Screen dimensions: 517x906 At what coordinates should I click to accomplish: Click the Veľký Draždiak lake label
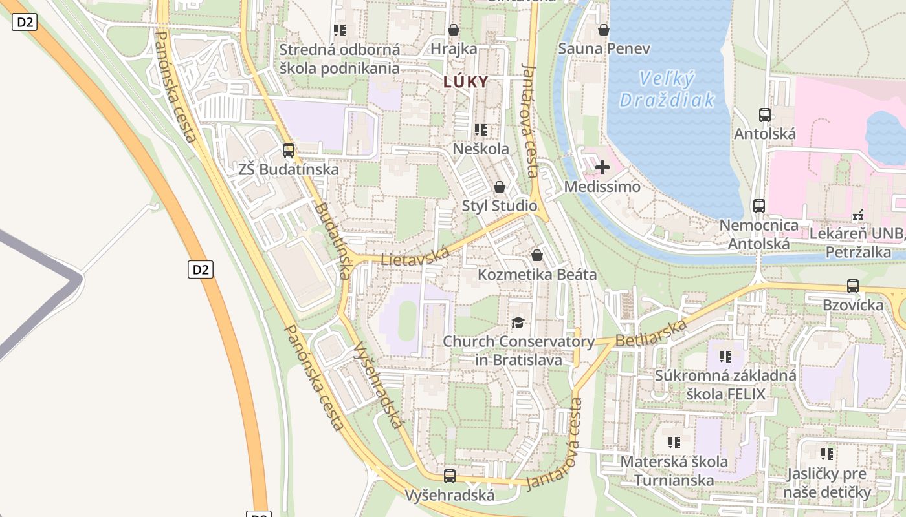[x=667, y=89]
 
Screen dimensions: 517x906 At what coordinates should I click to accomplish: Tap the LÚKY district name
[x=465, y=82]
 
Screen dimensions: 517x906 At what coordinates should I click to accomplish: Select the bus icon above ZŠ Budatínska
[x=289, y=151]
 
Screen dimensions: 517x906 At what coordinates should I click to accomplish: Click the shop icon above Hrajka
[x=454, y=30]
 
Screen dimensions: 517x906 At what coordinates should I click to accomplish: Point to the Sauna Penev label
[x=604, y=48]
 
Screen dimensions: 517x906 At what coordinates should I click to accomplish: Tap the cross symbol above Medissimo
[x=602, y=168]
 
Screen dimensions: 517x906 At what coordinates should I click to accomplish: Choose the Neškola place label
[x=480, y=149]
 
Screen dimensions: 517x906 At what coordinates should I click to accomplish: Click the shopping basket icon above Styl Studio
[x=499, y=187]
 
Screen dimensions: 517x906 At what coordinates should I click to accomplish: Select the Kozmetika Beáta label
[x=536, y=275]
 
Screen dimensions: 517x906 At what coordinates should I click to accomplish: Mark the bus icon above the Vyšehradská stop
[x=450, y=476]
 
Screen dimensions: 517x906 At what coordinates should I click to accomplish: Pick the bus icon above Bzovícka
[x=852, y=286]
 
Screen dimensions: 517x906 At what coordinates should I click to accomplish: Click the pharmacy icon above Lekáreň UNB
[x=858, y=215]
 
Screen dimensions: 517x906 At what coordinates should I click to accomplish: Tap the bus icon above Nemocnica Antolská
[x=758, y=206]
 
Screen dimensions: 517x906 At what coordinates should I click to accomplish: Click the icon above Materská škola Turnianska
[x=674, y=443]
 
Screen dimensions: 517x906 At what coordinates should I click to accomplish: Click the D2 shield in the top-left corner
[x=25, y=23]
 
